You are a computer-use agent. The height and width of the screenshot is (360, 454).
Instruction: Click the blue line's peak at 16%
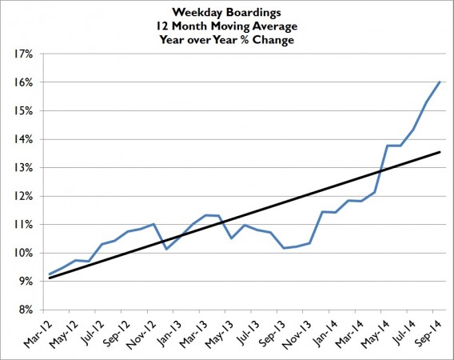coord(440,82)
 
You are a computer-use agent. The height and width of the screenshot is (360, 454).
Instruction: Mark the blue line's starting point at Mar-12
coord(49,274)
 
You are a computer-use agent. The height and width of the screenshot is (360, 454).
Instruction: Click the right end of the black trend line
coord(440,152)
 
